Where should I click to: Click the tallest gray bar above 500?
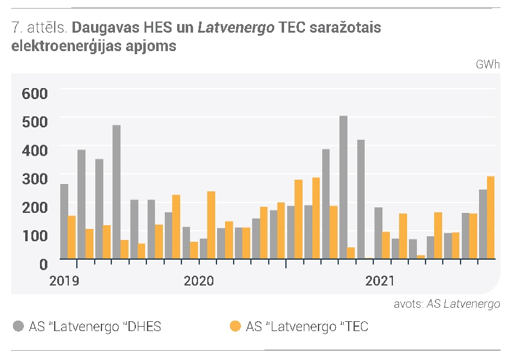coord(344,187)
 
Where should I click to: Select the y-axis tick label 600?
coord(35,94)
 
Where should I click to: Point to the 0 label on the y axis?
coord(44,264)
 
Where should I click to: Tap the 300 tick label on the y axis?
coord(35,179)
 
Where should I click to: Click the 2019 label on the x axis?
coord(64,281)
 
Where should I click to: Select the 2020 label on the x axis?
coord(199,281)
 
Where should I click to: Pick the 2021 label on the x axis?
coord(379,281)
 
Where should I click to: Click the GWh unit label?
coord(488,64)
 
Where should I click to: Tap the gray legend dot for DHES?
coord(18,326)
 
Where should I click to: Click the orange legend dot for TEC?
coord(236,326)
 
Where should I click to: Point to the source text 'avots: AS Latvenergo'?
coord(447,304)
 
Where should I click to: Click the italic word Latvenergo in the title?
coord(236,28)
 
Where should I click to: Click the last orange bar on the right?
coord(491,218)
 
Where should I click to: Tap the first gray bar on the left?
coord(64,222)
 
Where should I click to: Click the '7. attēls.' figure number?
coord(39,28)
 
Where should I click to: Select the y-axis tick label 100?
coord(35,236)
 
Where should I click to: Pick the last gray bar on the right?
coord(483,224)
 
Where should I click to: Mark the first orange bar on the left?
coord(72,237)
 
